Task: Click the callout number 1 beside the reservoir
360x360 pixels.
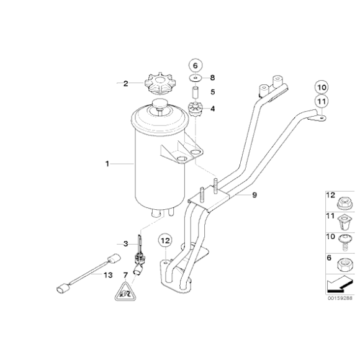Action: point(107,164)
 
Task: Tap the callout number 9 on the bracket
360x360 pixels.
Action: point(254,196)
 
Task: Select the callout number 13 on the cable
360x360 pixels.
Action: point(108,275)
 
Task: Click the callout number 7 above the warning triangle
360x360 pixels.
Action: point(125,274)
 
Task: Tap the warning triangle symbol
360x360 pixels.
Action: point(125,290)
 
